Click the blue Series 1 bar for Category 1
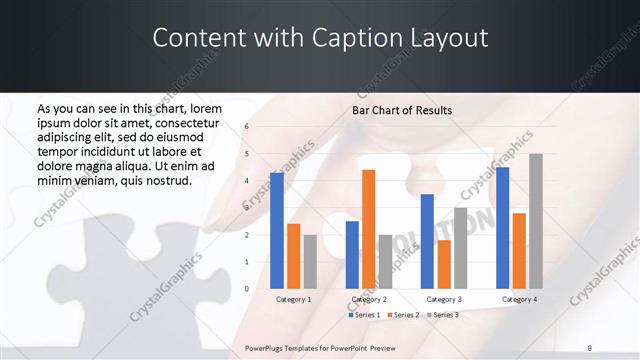(277, 231)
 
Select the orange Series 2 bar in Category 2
(368, 229)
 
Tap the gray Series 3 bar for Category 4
(536, 221)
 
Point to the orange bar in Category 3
(444, 264)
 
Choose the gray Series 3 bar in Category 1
(310, 261)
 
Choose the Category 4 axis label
(519, 299)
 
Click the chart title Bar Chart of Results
(402, 110)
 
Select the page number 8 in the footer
(589, 348)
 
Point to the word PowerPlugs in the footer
(265, 348)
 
